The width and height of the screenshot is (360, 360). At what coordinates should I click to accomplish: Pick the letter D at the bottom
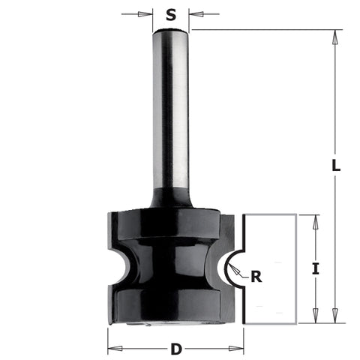[175, 349]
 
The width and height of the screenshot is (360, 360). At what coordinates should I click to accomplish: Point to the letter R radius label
[256, 277]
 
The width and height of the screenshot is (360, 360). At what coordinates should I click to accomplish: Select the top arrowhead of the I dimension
[315, 218]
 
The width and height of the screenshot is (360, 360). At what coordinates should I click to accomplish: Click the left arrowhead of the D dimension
[112, 349]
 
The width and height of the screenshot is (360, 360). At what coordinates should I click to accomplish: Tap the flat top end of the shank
[171, 31]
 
